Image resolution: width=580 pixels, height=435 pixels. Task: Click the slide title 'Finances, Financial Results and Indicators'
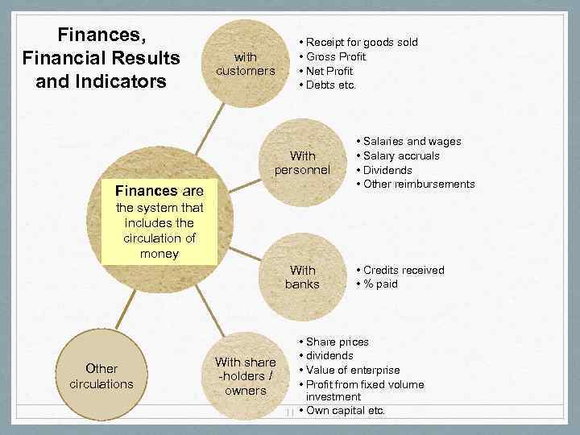pos(101,58)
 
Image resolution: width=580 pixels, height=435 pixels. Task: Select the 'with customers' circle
pos(246,64)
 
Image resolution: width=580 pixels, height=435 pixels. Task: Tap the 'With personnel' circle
pos(302,163)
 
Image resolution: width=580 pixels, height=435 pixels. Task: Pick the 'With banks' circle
pos(302,277)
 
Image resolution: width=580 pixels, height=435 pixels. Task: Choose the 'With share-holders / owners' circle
pos(246,376)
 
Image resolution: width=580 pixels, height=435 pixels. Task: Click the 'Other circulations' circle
pos(101,376)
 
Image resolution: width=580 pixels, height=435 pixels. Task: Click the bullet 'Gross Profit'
pos(336,56)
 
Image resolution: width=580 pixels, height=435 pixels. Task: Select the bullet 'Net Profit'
pos(329,71)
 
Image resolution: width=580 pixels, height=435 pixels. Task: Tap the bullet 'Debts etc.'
pos(330,85)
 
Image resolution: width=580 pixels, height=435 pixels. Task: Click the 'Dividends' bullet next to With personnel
pos(387,170)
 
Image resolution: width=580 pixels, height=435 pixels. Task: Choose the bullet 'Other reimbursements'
pos(419,184)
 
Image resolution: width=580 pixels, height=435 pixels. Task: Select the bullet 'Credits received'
pos(403,270)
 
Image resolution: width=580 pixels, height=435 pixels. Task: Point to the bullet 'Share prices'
pos(337,342)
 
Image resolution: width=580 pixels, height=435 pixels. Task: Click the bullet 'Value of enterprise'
pos(352,370)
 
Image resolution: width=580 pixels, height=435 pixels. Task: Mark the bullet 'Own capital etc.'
pos(346,411)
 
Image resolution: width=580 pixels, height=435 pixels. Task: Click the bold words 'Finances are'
pos(159,192)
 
